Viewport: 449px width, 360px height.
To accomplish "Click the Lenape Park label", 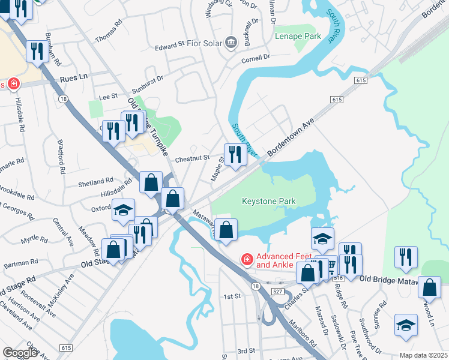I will (295, 36).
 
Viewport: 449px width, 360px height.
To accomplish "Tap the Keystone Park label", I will (268, 201).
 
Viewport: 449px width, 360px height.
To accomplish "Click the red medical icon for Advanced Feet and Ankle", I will (246, 259).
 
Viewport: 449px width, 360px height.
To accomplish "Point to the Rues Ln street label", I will (74, 77).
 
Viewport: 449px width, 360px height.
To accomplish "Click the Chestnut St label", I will (192, 158).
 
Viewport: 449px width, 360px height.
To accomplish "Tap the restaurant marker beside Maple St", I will (234, 155).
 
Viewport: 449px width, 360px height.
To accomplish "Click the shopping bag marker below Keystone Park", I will (226, 230).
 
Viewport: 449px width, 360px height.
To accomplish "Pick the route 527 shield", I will (277, 291).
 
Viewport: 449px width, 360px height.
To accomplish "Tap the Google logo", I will (20, 353).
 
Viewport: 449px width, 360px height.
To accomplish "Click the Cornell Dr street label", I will (256, 58).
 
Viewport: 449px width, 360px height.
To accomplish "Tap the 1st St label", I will (232, 296).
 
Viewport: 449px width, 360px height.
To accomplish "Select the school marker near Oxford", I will (123, 210).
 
